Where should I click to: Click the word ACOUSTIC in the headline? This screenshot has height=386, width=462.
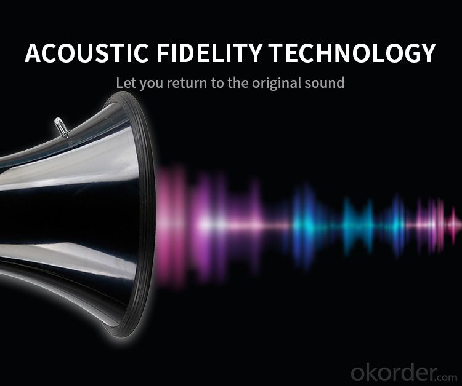[x=87, y=53]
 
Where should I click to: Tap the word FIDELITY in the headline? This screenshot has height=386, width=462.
[x=209, y=53]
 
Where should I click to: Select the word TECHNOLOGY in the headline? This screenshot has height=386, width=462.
[x=353, y=53]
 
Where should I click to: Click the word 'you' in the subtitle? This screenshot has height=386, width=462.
[x=152, y=84]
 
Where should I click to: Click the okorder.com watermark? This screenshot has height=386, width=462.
[x=404, y=372]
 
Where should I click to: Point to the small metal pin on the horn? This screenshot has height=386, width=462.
[x=61, y=127]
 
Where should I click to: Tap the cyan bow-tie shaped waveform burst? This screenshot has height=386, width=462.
[x=358, y=225]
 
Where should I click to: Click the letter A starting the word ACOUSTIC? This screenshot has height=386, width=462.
[x=33, y=53]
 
